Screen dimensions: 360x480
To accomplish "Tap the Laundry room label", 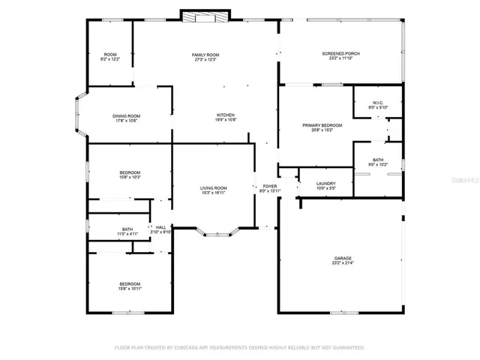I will pyautogui.click(x=325, y=184).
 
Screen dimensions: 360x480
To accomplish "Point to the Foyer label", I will pyautogui.click(x=269, y=187).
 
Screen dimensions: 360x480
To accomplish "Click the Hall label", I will pyautogui.click(x=160, y=227).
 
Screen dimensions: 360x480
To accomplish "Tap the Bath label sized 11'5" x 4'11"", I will pyautogui.click(x=127, y=231).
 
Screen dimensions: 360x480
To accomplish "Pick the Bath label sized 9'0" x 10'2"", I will pyautogui.click(x=378, y=161).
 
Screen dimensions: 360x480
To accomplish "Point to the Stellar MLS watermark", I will pyautogui.click(x=462, y=180).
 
